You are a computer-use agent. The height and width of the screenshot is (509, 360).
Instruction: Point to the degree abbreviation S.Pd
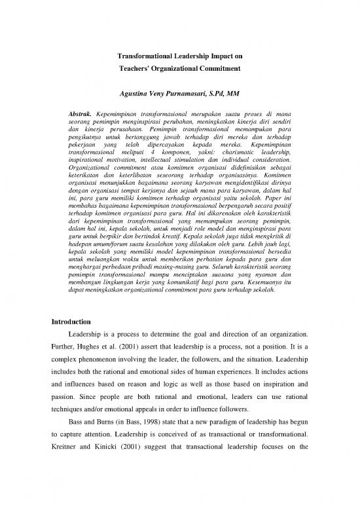tap(217, 94)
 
